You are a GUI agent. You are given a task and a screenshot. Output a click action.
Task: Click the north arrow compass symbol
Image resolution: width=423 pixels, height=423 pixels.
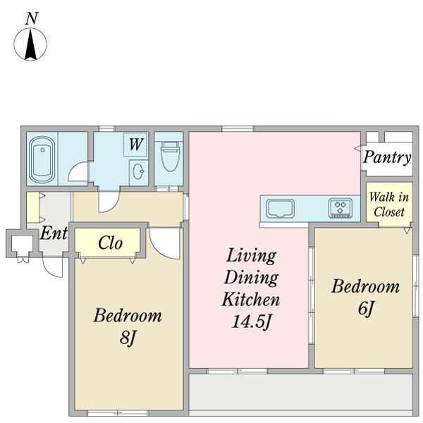[30, 44]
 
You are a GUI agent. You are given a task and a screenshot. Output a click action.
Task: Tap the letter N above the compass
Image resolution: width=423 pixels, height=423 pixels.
[32, 18]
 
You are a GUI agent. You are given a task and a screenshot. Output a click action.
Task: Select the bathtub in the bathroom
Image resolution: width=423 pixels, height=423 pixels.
[42, 160]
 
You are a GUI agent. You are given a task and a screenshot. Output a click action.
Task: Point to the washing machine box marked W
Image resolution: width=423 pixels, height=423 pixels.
[135, 145]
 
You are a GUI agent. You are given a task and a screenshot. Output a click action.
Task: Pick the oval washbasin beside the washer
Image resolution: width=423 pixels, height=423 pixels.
[139, 171]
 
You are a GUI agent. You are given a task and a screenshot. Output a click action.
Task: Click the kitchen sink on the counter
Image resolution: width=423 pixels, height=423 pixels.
[281, 209]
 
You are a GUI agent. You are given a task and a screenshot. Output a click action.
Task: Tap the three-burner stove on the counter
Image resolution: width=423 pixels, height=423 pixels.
[341, 208]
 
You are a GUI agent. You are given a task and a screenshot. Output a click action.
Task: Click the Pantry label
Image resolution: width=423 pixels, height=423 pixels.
[387, 157]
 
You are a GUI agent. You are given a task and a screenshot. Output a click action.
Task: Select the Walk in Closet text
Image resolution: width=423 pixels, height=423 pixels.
[389, 204]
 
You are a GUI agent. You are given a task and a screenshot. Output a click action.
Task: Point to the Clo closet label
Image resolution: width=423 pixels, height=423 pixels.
[110, 243]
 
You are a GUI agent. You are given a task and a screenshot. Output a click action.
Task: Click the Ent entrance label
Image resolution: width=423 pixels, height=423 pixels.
[54, 233]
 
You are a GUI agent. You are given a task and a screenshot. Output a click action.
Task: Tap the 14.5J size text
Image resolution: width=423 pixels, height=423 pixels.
[251, 321]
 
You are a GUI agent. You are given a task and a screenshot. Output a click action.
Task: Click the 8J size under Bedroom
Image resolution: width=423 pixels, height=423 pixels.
[127, 337]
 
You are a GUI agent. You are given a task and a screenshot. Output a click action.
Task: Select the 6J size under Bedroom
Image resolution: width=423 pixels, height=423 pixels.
[366, 308]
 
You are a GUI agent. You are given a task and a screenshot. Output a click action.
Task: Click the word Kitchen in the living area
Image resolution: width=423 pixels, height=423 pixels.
[250, 299]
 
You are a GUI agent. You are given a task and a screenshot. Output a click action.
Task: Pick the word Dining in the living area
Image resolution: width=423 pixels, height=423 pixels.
[251, 278]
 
